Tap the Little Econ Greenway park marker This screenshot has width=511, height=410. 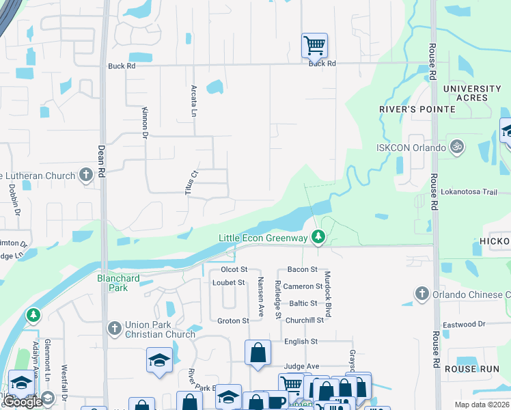coord(318,238)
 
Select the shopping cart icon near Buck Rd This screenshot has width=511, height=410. coord(314,46)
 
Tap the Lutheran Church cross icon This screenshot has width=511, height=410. coord(85,176)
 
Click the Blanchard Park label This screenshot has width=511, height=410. coord(113,283)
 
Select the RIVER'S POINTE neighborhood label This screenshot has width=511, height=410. coord(417,109)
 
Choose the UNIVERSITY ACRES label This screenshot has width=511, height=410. coord(472,94)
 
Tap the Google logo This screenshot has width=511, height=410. coord(22,402)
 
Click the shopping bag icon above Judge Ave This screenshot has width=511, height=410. coord(258,353)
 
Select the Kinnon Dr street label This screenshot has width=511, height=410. coord(145,123)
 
